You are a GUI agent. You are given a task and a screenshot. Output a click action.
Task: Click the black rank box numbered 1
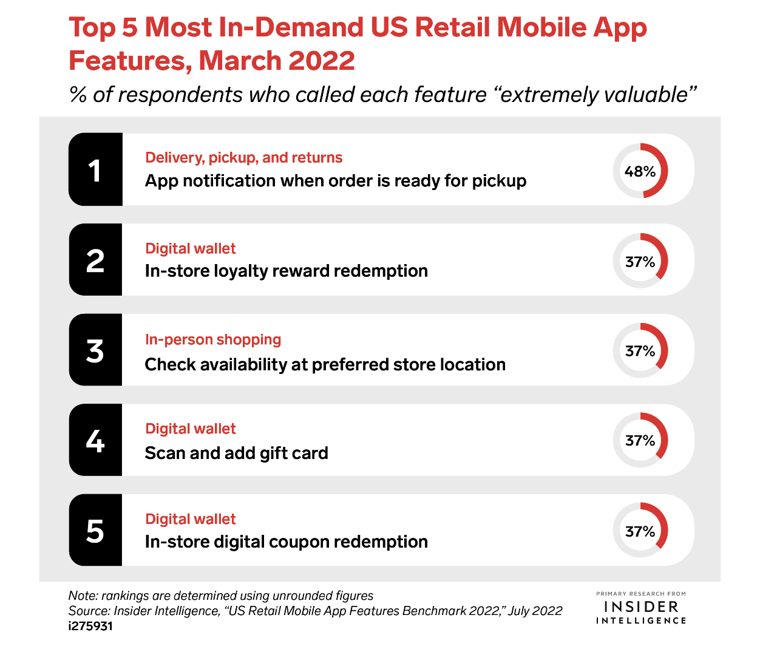95,170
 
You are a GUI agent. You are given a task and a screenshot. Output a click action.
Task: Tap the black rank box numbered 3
95,350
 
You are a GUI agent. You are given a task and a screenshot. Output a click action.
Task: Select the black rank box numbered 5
95,531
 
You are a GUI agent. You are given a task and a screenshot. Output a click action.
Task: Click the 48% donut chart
640,171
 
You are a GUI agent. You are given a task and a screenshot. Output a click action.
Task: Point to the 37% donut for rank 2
640,261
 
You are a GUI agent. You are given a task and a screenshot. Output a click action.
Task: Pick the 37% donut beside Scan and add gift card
640,440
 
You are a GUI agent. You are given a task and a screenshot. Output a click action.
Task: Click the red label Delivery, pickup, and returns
243,158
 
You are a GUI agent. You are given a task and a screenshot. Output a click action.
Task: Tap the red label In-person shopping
213,339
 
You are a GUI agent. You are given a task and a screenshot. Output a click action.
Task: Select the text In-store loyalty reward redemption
286,271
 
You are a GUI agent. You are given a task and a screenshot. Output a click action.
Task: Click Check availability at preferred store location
325,364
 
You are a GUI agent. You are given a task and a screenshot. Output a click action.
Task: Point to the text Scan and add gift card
236,453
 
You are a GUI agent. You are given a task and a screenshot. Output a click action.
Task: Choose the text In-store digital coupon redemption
286,542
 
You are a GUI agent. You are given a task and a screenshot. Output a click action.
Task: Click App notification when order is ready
335,181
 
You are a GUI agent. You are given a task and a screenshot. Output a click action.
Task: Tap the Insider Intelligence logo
641,608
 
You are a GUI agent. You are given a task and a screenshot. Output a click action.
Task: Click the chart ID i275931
90,626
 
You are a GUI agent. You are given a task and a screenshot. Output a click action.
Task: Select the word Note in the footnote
81,596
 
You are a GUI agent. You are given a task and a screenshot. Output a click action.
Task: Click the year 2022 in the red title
321,61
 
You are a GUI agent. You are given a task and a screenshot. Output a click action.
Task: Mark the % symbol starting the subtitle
78,95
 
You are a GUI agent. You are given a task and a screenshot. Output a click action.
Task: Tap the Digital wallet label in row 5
191,519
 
